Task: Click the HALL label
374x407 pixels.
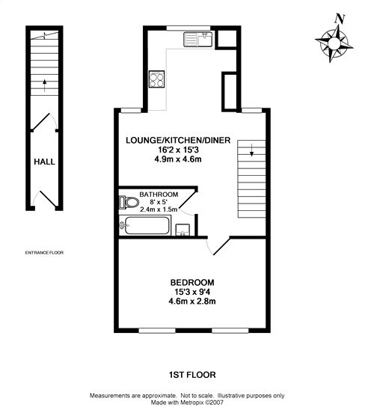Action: point(44,162)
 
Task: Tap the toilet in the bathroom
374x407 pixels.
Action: point(129,202)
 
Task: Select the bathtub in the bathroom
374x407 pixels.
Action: point(145,225)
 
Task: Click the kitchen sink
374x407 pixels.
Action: point(198,39)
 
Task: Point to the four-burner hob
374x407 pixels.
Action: point(157,79)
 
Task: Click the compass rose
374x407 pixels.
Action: point(334,43)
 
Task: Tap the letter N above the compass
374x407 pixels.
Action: point(340,19)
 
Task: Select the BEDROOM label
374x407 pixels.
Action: point(192,282)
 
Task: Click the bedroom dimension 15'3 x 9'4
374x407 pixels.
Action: point(192,292)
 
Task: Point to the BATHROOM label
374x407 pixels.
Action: point(159,195)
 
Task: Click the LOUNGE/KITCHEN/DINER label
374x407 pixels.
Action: point(178,141)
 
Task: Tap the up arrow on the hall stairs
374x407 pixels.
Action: point(45,85)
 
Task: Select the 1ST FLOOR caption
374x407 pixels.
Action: point(192,375)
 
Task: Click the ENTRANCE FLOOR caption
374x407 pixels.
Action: point(44,253)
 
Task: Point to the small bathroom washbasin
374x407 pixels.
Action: point(183,230)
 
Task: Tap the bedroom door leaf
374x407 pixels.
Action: point(221,246)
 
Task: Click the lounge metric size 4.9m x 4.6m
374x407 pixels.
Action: point(178,159)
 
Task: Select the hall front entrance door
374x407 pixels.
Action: point(49,200)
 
